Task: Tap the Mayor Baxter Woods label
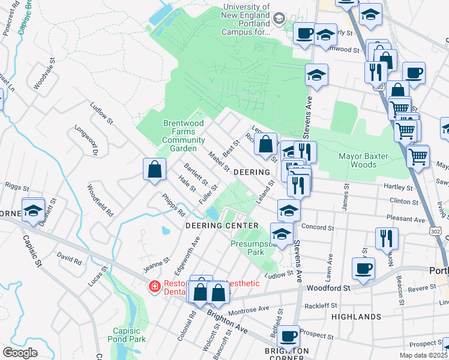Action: (x=364, y=160)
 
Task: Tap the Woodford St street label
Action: (x=328, y=288)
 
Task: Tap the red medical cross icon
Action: (x=155, y=287)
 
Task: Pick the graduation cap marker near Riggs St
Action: (x=33, y=210)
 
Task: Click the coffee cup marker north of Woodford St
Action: (x=363, y=269)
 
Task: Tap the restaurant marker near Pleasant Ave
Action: (x=387, y=238)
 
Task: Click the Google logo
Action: (x=20, y=353)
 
